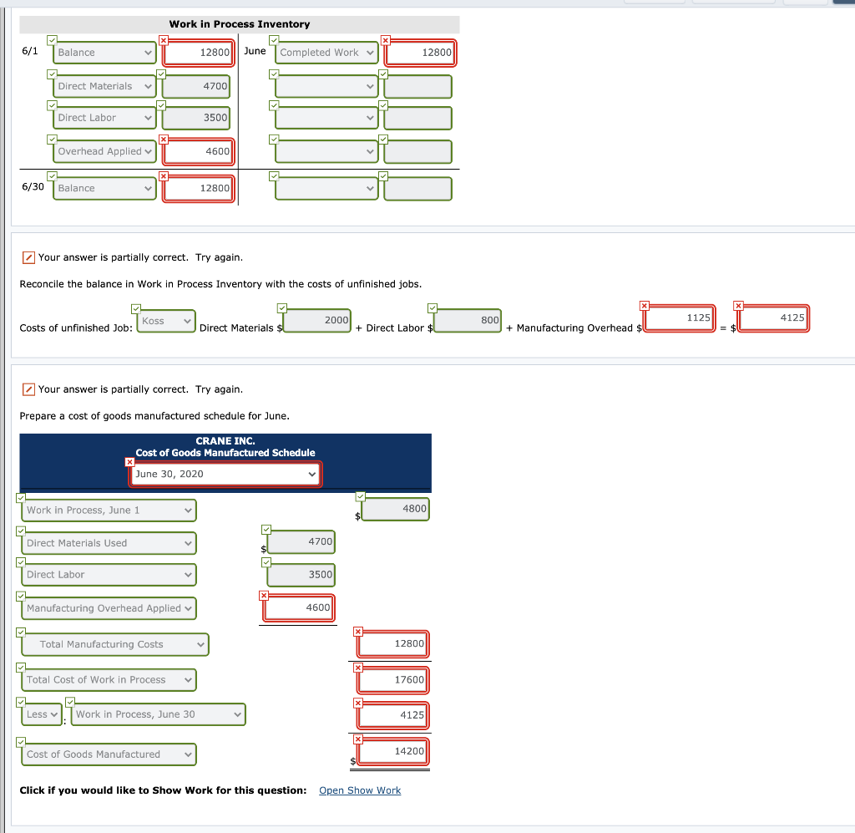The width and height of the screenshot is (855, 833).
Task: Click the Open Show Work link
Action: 360,790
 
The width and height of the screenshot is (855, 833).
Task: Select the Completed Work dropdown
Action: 327,53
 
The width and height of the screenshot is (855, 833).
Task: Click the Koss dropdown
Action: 165,321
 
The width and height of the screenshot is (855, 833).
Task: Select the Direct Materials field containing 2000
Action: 317,321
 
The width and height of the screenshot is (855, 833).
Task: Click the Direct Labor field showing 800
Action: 468,321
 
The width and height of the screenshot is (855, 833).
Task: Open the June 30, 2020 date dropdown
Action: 225,474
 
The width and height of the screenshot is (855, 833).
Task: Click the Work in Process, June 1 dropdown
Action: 109,510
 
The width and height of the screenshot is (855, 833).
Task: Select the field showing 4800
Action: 396,509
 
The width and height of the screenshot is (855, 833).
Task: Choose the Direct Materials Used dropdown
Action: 109,543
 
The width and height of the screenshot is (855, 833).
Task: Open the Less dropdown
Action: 42,714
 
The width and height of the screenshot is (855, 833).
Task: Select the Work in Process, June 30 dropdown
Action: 159,714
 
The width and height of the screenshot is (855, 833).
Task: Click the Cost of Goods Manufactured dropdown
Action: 109,754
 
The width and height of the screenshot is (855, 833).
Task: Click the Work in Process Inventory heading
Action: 239,24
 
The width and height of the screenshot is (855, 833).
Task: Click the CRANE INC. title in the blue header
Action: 225,440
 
